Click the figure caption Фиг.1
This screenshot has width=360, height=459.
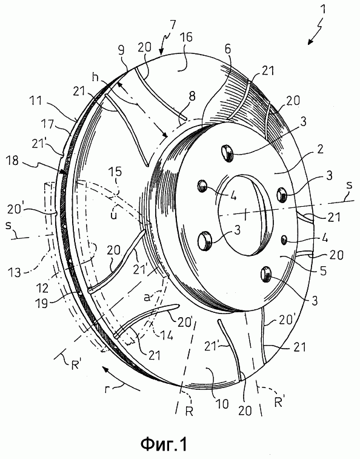pyautogui.click(x=164, y=444)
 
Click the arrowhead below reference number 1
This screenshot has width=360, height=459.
pyautogui.click(x=310, y=41)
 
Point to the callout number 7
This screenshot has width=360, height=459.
pyautogui.click(x=172, y=25)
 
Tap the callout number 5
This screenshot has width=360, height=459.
pyautogui.click(x=323, y=271)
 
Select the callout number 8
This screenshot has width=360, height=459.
pyautogui.click(x=192, y=96)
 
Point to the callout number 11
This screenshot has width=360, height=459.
pyautogui.click(x=36, y=102)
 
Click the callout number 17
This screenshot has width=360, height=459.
pyautogui.click(x=47, y=124)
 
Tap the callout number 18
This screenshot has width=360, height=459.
pyautogui.click(x=13, y=161)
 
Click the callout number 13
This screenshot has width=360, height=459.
pyautogui.click(x=15, y=272)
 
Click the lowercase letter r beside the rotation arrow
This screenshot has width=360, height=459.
pyautogui.click(x=108, y=390)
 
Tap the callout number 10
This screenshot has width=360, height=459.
pyautogui.click(x=222, y=404)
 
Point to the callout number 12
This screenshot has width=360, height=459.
pyautogui.click(x=43, y=288)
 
